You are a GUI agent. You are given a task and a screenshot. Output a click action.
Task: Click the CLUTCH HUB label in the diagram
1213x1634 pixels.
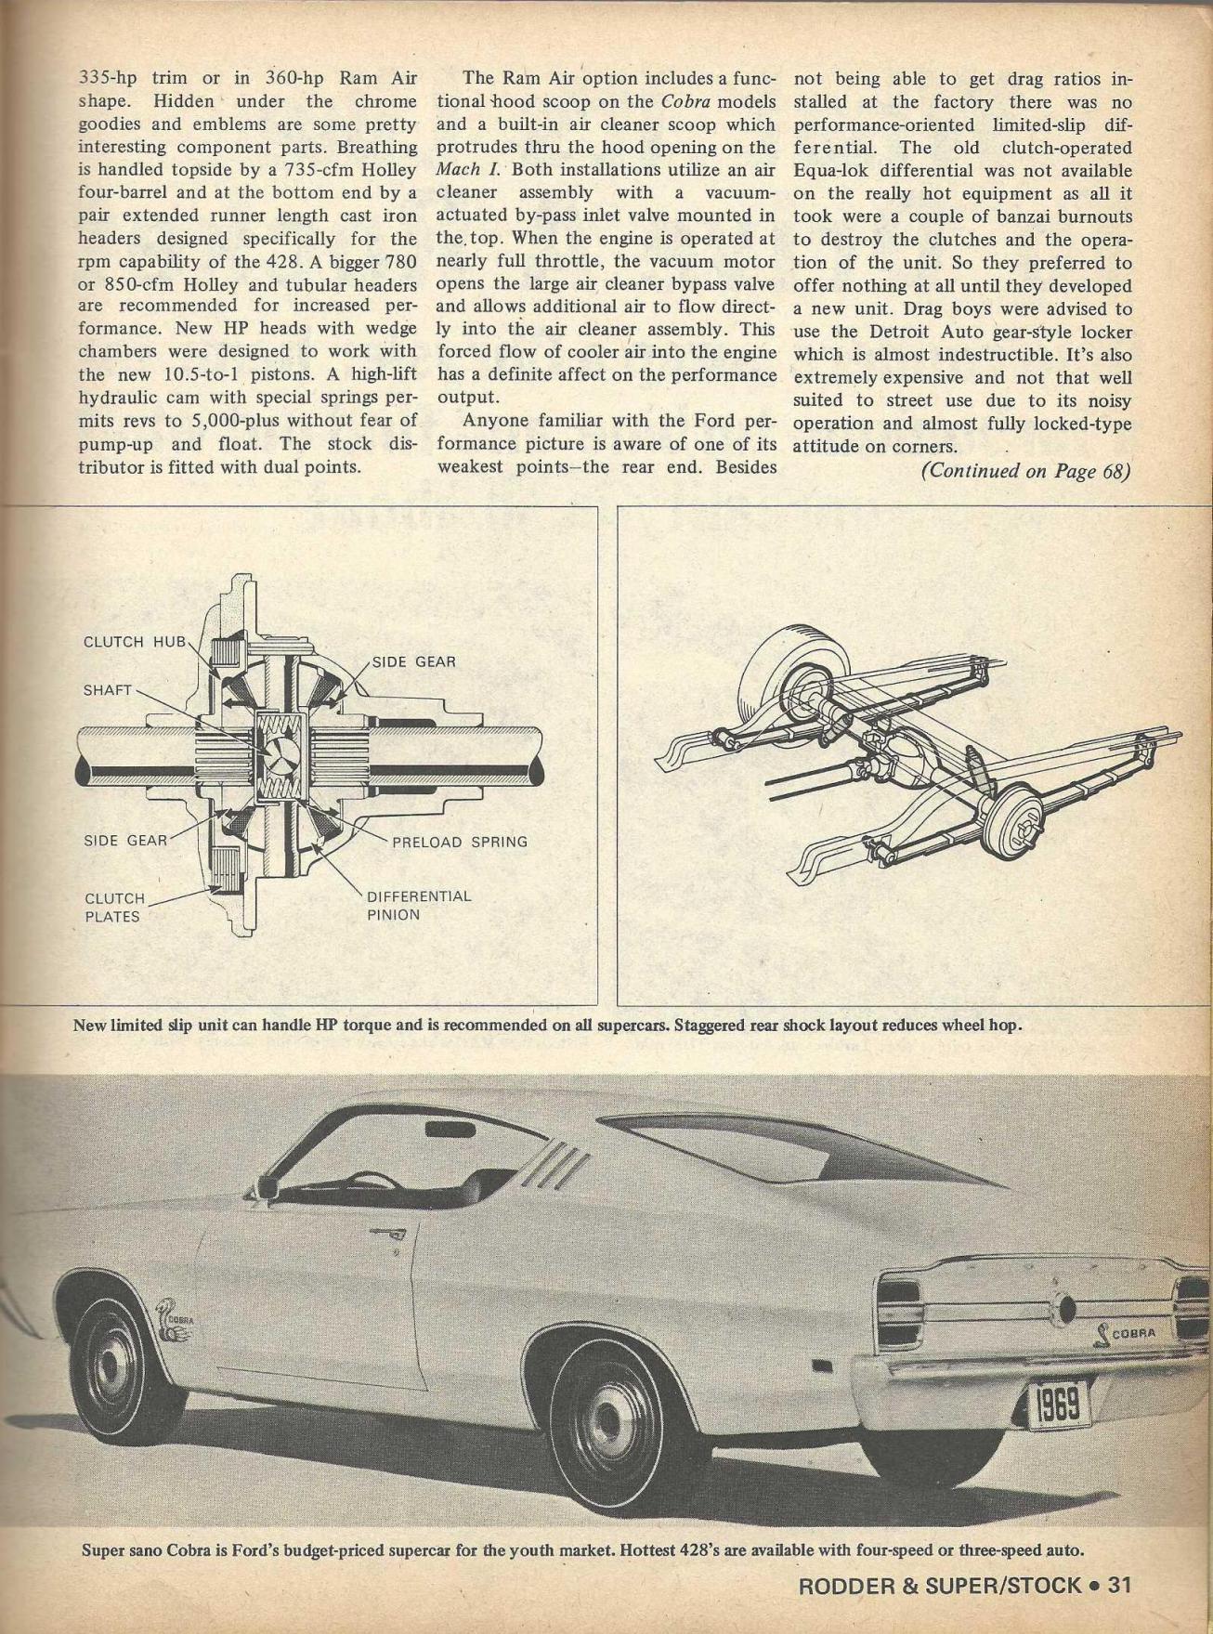(135, 642)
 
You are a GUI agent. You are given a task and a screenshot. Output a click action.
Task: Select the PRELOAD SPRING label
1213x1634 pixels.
(459, 842)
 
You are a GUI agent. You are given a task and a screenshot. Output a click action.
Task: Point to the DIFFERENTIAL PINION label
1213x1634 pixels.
(419, 906)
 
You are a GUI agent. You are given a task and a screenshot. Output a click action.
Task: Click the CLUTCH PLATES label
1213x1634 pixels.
(114, 908)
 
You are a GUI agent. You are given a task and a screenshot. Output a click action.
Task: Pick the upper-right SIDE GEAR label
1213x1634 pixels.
(413, 661)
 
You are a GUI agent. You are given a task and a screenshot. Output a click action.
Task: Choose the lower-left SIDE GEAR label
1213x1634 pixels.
(125, 841)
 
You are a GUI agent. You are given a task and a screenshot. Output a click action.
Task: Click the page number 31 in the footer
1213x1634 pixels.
(1116, 1585)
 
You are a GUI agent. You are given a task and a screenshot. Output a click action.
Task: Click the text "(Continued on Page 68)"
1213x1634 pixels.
(1024, 470)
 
